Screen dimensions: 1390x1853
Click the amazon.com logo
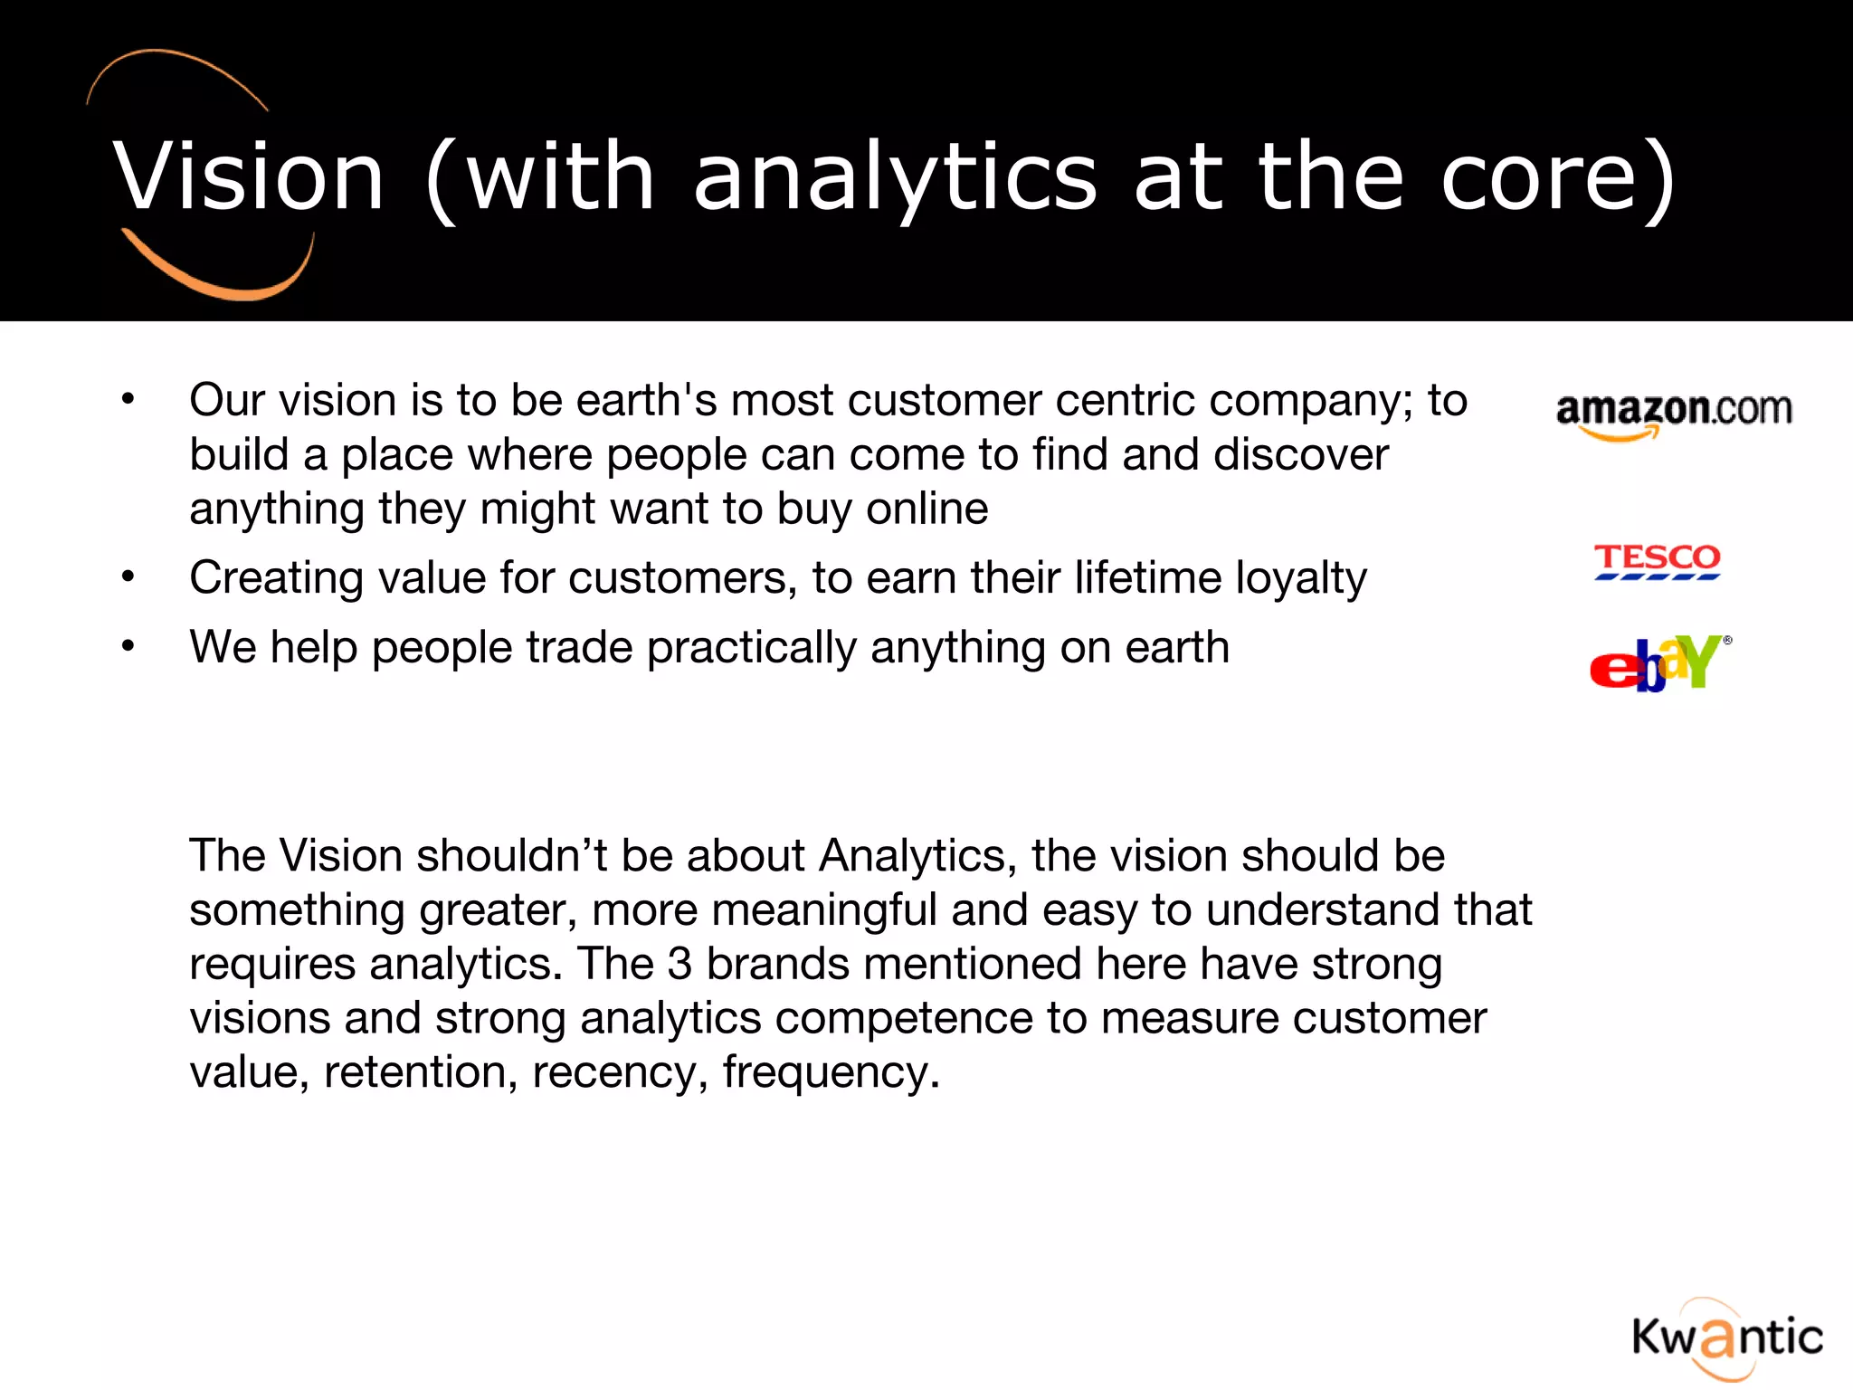pyautogui.click(x=1673, y=414)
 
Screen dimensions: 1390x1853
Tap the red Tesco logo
pyautogui.click(x=1657, y=560)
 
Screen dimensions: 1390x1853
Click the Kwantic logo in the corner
pyautogui.click(x=1727, y=1338)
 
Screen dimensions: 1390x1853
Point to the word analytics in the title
pyautogui.click(x=895, y=178)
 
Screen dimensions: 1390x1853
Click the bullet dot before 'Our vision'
pyautogui.click(x=128, y=399)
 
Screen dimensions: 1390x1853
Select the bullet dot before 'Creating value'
pyautogui.click(x=128, y=576)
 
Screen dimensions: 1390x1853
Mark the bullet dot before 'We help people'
pyautogui.click(x=128, y=646)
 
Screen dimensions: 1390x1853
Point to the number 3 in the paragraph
pyautogui.click(x=679, y=964)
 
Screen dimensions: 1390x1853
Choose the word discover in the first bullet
pyautogui.click(x=1300, y=454)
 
